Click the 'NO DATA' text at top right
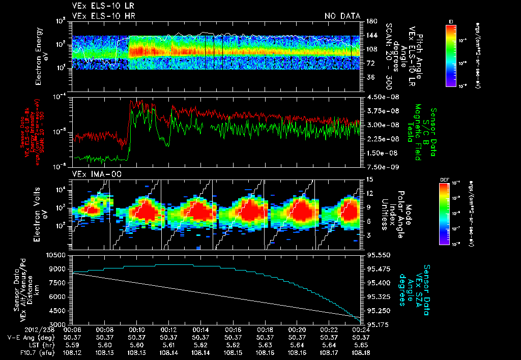coord(342,16)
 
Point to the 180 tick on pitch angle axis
coord(370,21)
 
